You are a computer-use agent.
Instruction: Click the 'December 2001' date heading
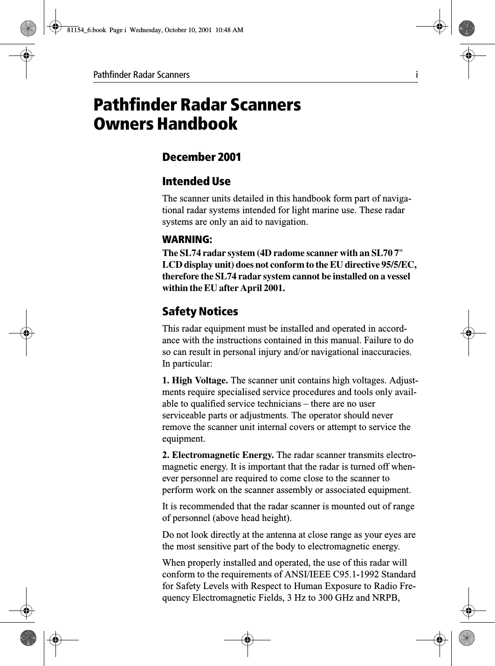(201, 157)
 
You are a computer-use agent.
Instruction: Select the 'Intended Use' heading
(196, 181)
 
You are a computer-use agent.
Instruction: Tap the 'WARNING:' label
(186, 240)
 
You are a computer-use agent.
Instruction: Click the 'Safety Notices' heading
(199, 311)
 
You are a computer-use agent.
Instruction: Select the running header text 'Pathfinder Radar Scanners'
(142, 75)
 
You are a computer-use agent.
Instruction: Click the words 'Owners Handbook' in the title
(165, 125)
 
